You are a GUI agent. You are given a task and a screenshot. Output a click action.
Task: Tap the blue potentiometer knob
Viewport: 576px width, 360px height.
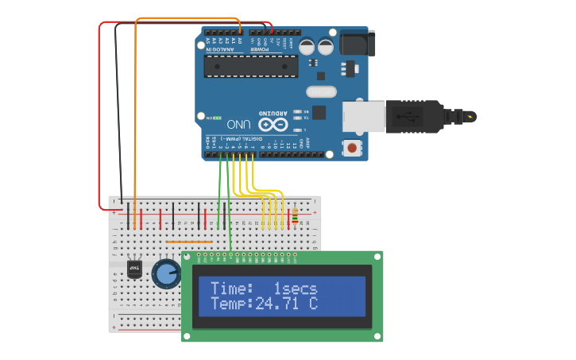[166, 273]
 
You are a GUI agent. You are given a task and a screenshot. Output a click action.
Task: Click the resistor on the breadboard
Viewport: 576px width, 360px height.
[296, 215]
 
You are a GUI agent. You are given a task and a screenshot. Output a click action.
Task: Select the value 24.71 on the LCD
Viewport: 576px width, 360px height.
[277, 304]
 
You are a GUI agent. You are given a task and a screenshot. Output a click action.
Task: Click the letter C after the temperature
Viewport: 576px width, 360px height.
[313, 304]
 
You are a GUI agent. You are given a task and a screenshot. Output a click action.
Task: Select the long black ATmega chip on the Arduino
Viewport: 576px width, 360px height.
[250, 66]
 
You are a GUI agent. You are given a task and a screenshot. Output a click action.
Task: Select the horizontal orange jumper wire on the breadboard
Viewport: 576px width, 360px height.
[189, 242]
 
